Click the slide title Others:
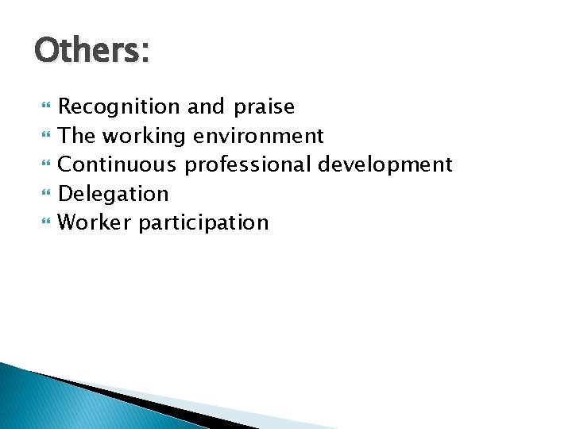tap(91, 51)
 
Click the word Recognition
tap(120, 107)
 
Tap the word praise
tap(265, 107)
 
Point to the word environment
tap(257, 137)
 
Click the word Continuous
tap(118, 164)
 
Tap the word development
tap(385, 165)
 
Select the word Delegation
tap(114, 194)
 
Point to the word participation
tap(203, 223)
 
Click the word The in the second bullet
tap(75, 136)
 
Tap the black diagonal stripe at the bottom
tap(159, 405)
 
